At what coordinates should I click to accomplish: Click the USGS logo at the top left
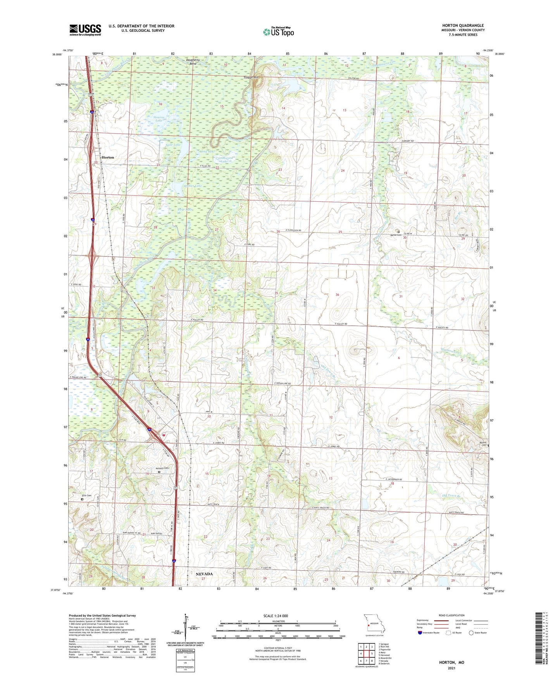85,29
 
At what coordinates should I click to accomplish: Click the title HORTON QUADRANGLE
463,26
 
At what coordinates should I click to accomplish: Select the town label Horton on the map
108,158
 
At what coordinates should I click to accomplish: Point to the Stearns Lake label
159,118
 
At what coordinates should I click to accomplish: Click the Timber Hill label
250,77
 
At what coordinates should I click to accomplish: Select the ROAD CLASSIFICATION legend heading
451,615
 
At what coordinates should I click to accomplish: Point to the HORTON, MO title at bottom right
451,662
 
